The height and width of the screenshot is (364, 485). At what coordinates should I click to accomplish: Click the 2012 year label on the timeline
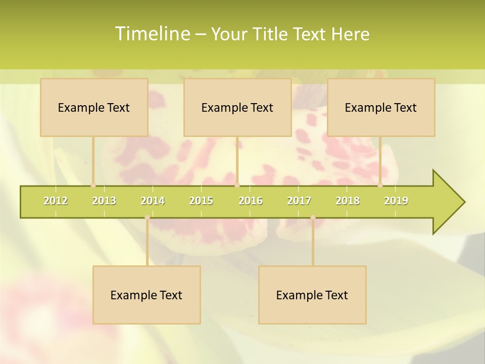(56, 201)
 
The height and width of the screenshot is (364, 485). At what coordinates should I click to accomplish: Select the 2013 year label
(104, 201)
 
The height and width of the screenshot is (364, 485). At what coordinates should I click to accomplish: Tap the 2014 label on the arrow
(153, 201)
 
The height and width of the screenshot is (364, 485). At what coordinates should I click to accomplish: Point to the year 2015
(201, 201)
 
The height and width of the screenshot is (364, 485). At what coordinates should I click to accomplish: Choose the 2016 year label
(251, 201)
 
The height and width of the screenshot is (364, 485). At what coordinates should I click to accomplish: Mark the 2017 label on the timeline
(299, 201)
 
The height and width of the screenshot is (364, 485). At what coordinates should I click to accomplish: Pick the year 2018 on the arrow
(348, 201)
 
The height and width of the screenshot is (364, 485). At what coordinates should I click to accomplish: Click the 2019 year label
(396, 201)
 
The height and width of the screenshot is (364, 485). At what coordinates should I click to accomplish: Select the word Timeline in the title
(152, 34)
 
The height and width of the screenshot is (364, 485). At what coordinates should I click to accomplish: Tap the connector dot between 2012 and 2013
(93, 185)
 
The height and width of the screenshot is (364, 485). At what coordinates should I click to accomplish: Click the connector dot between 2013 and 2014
(147, 217)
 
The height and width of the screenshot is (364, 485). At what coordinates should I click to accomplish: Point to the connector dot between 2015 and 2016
(237, 185)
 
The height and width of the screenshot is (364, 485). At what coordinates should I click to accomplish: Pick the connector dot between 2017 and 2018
(313, 217)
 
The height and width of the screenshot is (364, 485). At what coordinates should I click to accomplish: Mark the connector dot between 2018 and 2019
(380, 185)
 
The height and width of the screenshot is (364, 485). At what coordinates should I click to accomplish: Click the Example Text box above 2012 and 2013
(94, 107)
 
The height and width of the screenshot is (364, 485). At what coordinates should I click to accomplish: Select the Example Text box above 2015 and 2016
(237, 107)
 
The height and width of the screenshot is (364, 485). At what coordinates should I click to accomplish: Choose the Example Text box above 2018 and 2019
(381, 107)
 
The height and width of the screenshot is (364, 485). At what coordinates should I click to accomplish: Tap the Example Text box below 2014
(147, 295)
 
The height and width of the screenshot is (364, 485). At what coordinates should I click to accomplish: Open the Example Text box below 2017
(312, 295)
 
